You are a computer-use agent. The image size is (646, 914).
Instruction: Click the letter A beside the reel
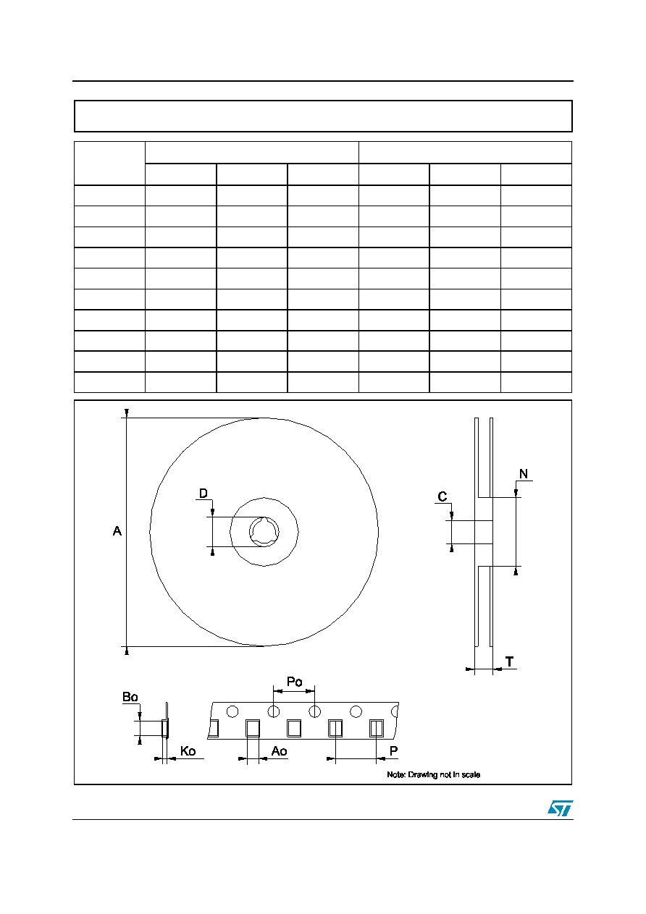117,531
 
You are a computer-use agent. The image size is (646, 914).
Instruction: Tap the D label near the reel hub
203,494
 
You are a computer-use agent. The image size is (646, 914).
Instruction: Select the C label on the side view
442,496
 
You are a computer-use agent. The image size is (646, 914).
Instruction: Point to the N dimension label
524,474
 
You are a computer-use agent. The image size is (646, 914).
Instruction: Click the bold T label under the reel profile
509,661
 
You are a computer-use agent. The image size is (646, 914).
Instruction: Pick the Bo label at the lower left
130,697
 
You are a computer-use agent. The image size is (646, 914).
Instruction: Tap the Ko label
188,750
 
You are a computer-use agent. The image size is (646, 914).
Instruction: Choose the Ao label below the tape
280,750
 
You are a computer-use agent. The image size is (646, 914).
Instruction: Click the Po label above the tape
295,682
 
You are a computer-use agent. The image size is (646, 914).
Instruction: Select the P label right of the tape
394,750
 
